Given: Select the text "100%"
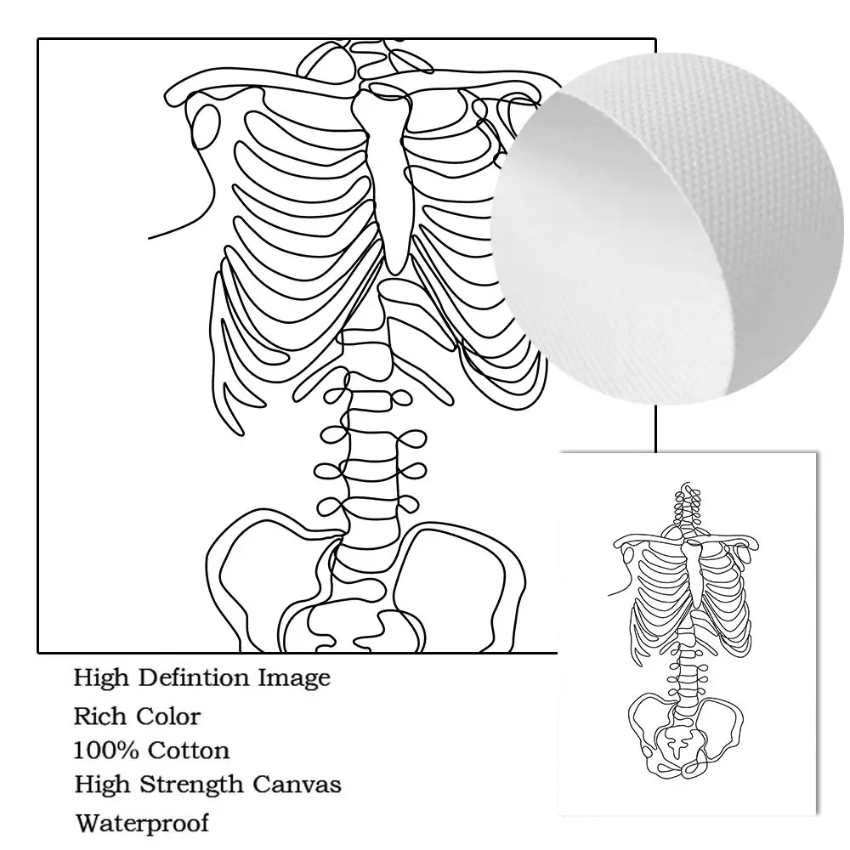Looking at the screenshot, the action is (106, 751).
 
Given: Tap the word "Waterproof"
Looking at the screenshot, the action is (141, 822).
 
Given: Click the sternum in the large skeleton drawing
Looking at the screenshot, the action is (388, 170).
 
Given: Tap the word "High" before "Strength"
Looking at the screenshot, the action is (99, 785).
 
